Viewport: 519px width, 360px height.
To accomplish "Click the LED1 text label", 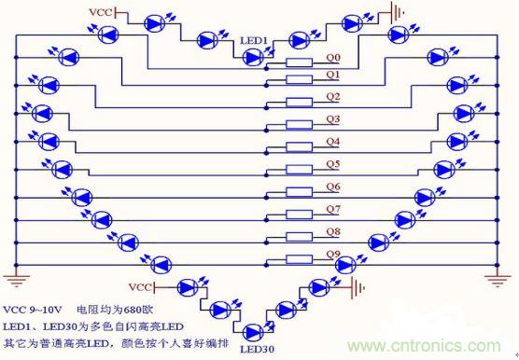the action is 254,41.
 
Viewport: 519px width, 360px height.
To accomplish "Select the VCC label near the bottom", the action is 140,284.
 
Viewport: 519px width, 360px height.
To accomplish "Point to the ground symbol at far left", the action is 13,276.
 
